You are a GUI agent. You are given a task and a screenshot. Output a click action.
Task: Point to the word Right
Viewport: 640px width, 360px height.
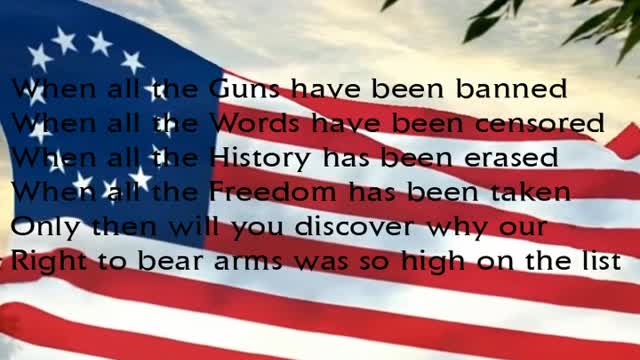(46, 261)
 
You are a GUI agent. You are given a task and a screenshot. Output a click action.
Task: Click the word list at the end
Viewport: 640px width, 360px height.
(599, 261)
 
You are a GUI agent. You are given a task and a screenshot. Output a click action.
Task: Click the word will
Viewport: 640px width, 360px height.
(200, 226)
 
